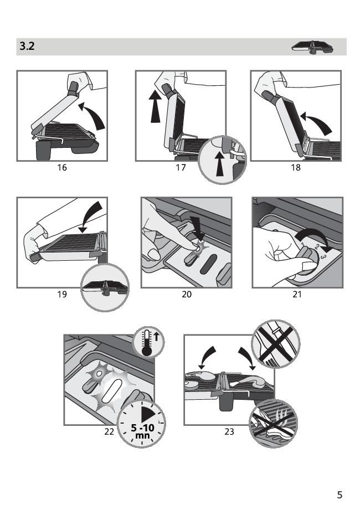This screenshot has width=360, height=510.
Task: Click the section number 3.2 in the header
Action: [x=27, y=46]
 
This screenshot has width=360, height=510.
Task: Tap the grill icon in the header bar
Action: [x=312, y=47]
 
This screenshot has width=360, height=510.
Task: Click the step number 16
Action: [x=62, y=167]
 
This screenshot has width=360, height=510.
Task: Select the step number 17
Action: [x=181, y=167]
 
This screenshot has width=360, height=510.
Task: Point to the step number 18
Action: [x=296, y=167]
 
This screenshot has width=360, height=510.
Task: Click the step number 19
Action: [x=62, y=295]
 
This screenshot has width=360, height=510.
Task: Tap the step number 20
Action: [x=187, y=295]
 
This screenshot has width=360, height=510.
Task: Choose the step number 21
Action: [x=297, y=295]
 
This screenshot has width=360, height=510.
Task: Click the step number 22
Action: [x=109, y=431]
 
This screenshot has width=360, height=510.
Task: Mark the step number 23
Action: [x=229, y=431]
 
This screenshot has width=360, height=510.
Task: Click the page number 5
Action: [x=340, y=494]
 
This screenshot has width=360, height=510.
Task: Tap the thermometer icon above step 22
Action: [x=148, y=342]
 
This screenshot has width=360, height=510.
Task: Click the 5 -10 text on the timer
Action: [x=142, y=427]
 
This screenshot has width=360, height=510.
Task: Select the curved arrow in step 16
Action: [x=95, y=114]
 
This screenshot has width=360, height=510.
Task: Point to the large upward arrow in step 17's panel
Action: [x=156, y=106]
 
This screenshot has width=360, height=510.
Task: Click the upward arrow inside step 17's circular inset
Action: [x=220, y=164]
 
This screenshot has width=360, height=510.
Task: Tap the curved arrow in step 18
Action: [x=318, y=122]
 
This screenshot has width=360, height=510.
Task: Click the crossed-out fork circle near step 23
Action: [x=276, y=344]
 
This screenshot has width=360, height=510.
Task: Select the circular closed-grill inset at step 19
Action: [x=105, y=287]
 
